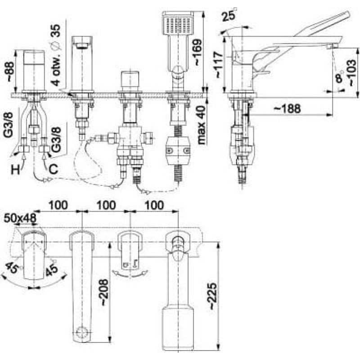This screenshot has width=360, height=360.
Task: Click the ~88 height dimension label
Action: (x=10, y=71)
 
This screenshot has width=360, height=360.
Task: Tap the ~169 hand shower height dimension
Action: (x=198, y=52)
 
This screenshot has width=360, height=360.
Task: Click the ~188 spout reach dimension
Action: (x=287, y=108)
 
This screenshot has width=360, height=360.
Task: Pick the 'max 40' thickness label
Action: (x=201, y=125)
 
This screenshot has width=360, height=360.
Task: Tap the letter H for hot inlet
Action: (x=16, y=170)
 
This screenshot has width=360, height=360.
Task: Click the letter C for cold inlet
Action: (x=53, y=170)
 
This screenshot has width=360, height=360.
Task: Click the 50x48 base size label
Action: (x=20, y=218)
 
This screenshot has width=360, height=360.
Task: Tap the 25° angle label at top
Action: (x=229, y=15)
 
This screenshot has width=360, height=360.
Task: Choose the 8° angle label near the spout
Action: (x=339, y=77)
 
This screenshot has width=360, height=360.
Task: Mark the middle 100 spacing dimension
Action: (x=106, y=205)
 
